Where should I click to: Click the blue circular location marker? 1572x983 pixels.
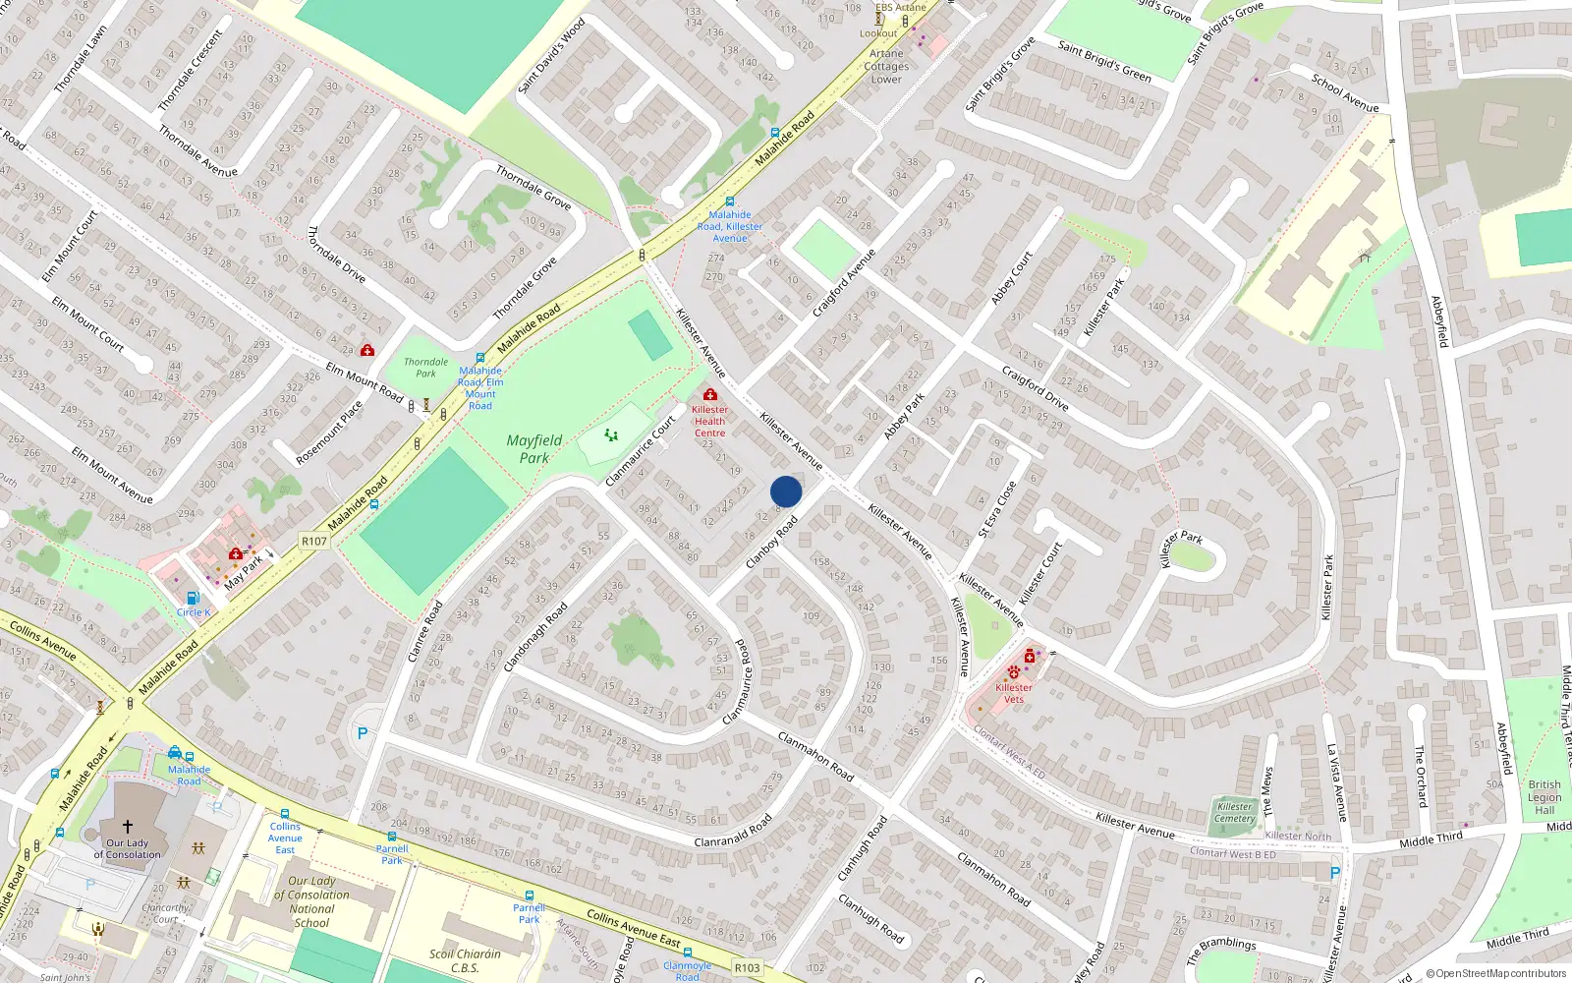click(786, 491)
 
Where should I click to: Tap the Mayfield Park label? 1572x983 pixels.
click(534, 449)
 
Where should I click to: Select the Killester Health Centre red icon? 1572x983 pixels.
click(710, 394)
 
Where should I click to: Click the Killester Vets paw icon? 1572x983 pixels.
click(1013, 673)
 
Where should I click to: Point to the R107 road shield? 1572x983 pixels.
click(313, 542)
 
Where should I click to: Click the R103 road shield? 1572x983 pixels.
click(747, 967)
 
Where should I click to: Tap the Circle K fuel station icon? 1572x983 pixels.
click(193, 598)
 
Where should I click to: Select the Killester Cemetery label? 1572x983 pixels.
click(1235, 812)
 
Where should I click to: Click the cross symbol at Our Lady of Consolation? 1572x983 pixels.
click(127, 827)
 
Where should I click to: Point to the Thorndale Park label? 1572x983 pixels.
click(425, 368)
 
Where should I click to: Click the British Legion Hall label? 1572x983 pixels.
click(1544, 797)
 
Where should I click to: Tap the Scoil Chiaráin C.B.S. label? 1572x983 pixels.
click(465, 960)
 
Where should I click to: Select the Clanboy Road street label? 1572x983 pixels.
click(771, 544)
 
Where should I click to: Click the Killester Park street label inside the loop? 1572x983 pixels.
click(1181, 549)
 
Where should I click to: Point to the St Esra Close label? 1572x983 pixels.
click(996, 509)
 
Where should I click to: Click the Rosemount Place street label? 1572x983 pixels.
click(329, 433)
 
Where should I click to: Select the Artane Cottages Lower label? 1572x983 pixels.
click(886, 67)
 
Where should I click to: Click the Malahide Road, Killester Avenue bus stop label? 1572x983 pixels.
click(730, 226)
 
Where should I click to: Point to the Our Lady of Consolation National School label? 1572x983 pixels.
click(311, 901)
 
